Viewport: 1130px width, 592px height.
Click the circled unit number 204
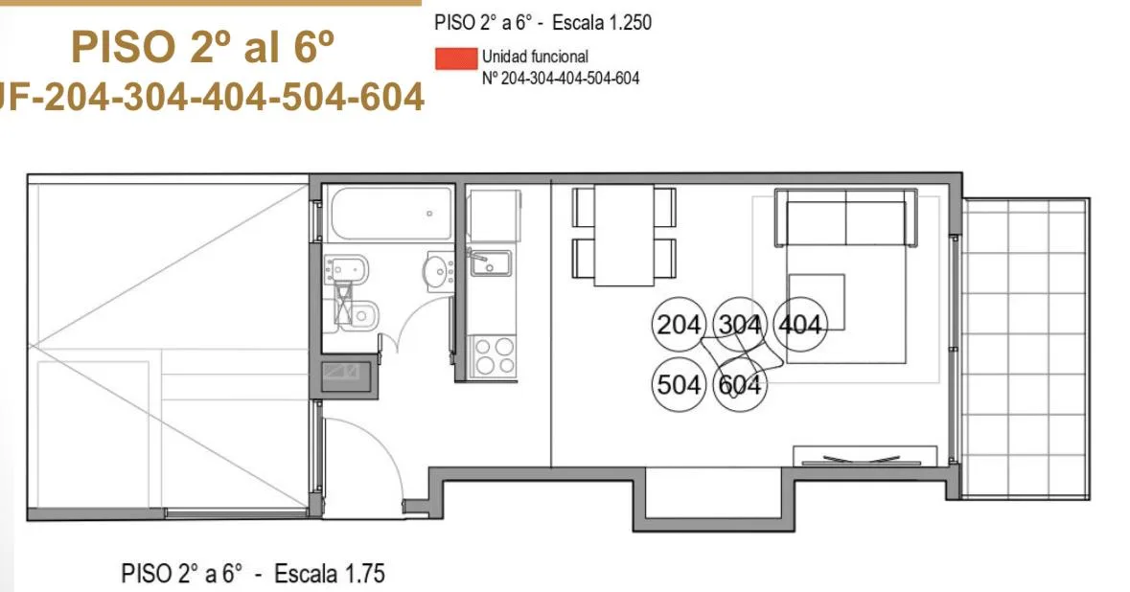(678, 325)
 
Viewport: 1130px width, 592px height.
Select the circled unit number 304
(739, 325)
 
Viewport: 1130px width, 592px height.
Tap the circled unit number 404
(800, 325)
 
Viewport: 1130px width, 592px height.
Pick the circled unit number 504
(678, 384)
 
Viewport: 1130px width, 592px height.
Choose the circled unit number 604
(739, 384)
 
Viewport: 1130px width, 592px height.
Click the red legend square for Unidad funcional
(456, 58)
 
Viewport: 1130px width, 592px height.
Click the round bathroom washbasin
(437, 271)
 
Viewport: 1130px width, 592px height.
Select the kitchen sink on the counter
(490, 262)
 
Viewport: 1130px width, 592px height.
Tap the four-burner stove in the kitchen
(494, 355)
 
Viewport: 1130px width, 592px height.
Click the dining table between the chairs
(624, 235)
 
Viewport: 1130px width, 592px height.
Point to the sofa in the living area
(845, 217)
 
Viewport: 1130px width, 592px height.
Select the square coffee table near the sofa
(817, 301)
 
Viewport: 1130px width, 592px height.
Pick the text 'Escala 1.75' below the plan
(330, 574)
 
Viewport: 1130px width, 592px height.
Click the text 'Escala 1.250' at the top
(602, 22)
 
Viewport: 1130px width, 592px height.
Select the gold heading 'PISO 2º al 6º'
(202, 46)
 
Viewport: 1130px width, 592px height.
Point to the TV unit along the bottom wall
(865, 456)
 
